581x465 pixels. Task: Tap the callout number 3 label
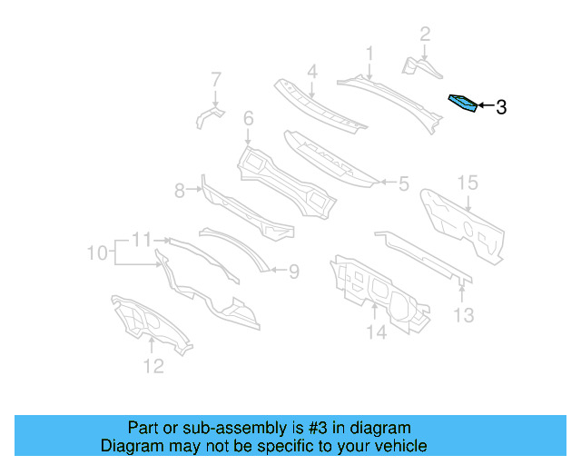[x=500, y=108]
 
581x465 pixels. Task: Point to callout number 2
[x=424, y=35]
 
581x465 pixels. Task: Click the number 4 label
[x=311, y=71]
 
